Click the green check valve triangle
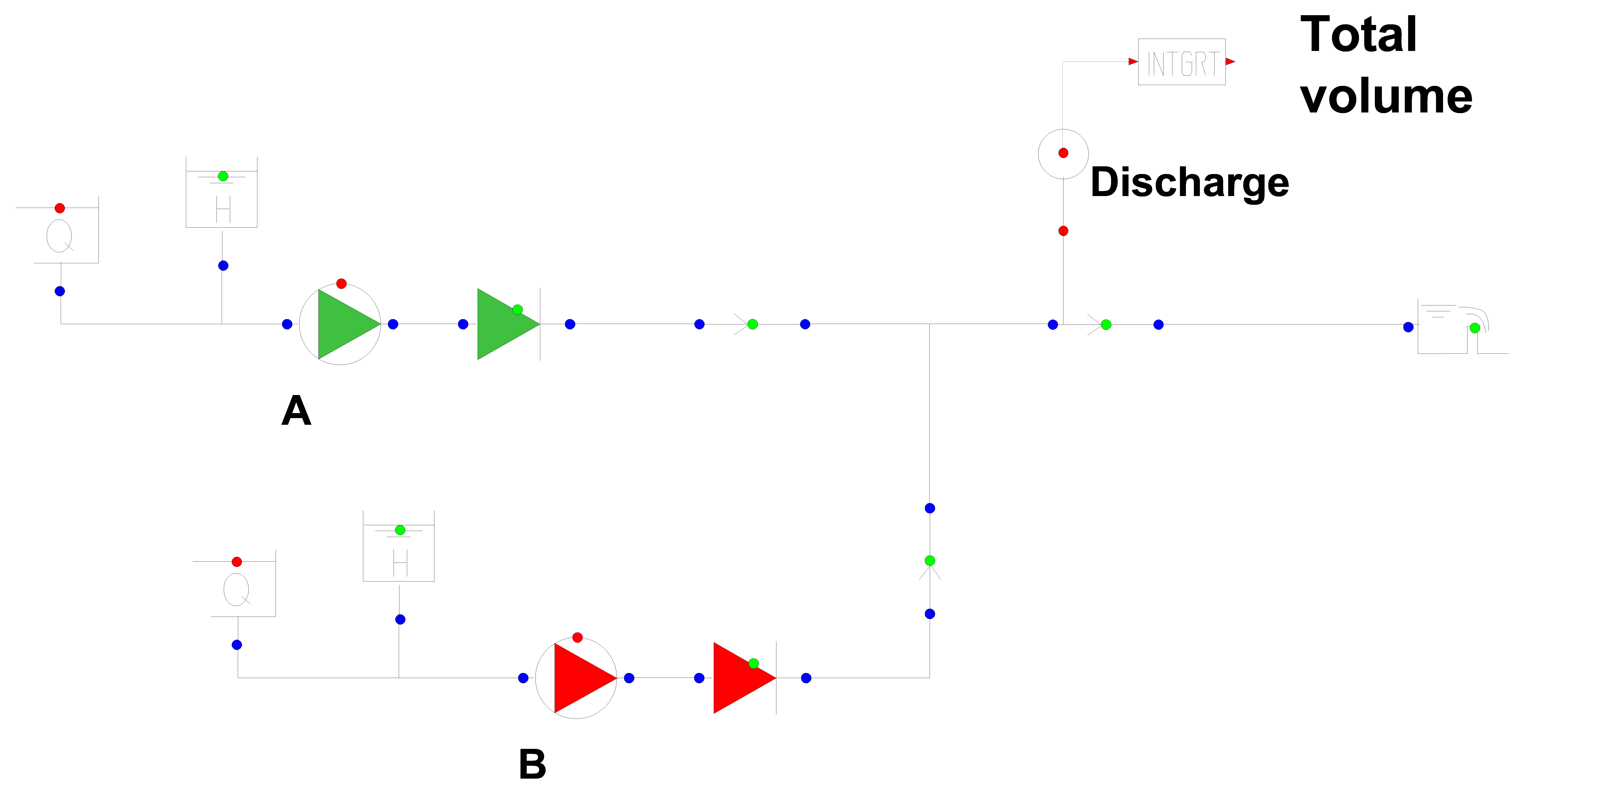coord(503,324)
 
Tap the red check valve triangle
coord(740,678)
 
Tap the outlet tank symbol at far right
coord(1451,328)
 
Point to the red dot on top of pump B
coord(577,637)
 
